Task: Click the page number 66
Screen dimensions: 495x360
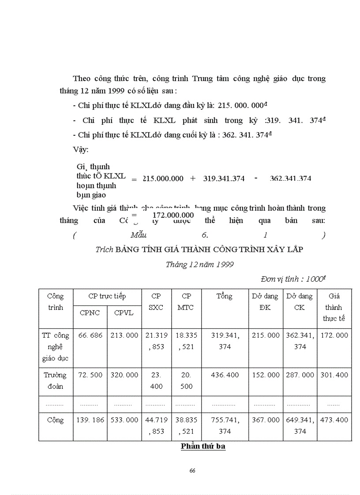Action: coord(192,470)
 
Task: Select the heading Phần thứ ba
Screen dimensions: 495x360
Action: coord(203,447)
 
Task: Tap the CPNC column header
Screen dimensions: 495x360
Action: coord(90,313)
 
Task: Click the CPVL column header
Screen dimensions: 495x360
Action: coord(124,313)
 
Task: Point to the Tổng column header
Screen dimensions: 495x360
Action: coord(224,296)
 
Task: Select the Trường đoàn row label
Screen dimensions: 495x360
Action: coord(56,380)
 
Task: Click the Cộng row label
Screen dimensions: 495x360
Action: coord(56,420)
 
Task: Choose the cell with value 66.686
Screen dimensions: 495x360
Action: coord(90,335)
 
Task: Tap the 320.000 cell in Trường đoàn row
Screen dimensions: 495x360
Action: coord(124,375)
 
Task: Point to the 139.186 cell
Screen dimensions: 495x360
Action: coord(90,420)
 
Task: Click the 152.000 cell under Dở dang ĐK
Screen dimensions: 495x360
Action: coord(266,375)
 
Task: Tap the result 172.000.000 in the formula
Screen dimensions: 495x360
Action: coord(173,215)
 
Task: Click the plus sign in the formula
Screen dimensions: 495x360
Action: coord(193,179)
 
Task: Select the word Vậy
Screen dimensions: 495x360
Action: coord(80,149)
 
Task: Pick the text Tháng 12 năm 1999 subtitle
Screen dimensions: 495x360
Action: coord(200,264)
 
